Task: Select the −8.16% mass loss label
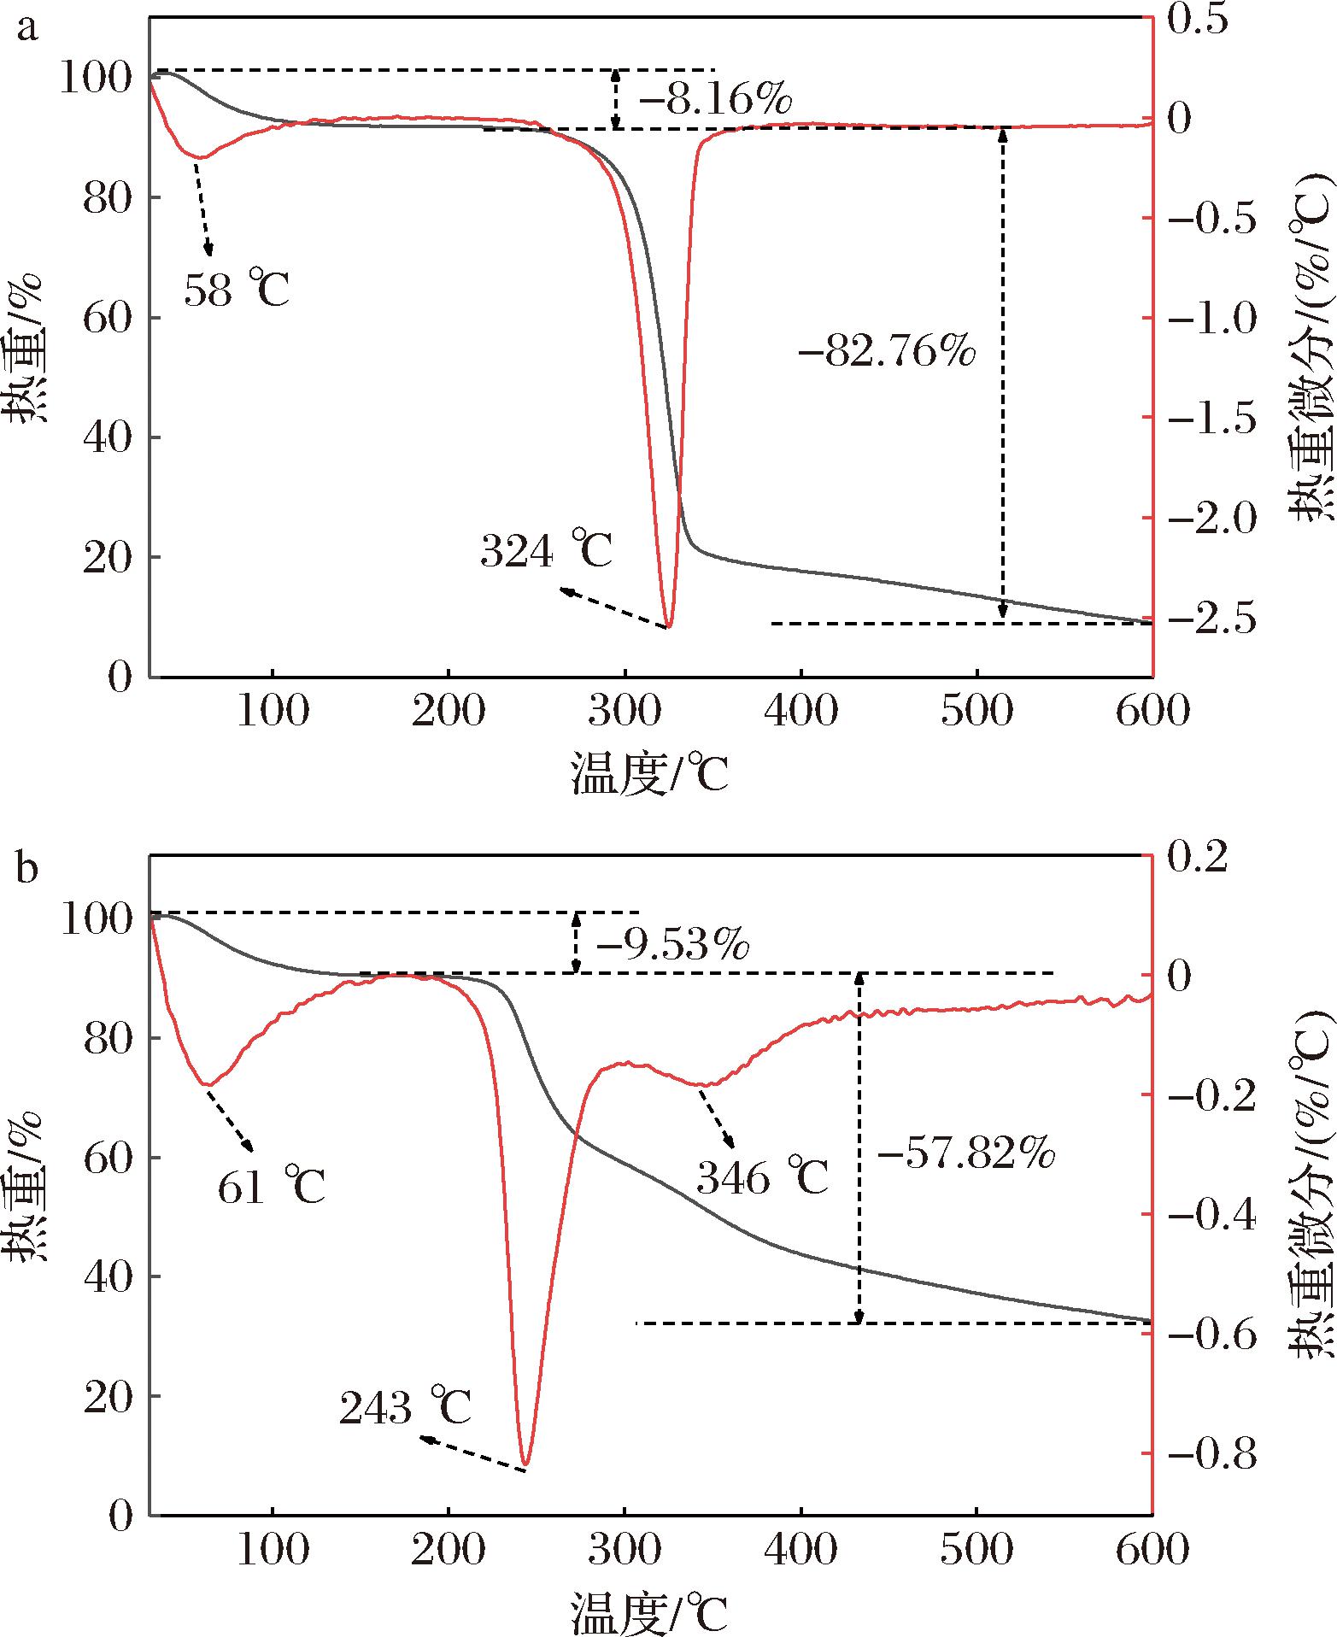716,102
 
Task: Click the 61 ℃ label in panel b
272,1182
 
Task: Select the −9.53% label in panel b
673,946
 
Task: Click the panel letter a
28,30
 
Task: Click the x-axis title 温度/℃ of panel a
650,775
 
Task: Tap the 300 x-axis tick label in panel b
625,1547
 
